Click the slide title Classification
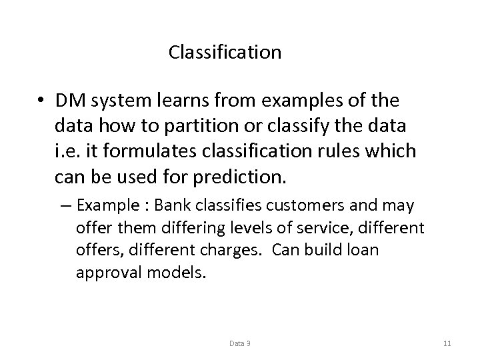(x=225, y=52)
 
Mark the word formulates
(x=143, y=151)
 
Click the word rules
(x=345, y=151)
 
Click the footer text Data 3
(x=240, y=343)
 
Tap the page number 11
(x=447, y=343)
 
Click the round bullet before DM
(x=41, y=101)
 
